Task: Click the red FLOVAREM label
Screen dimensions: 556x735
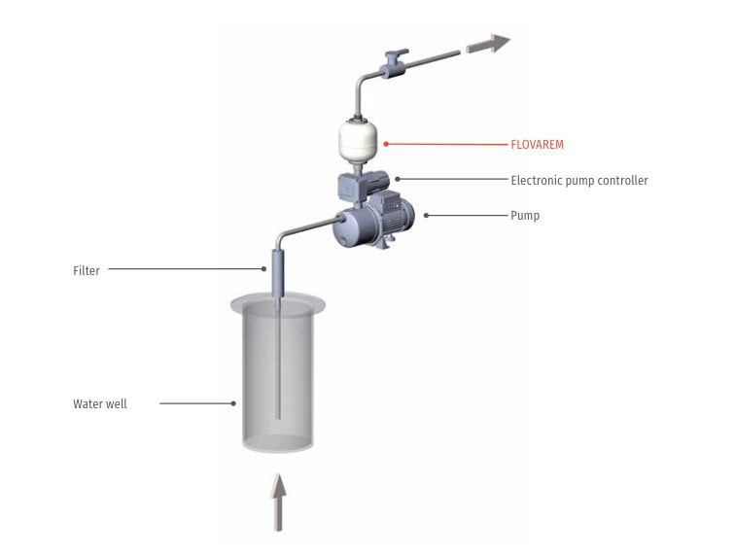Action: coord(537,145)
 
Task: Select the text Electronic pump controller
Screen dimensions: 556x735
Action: coord(578,181)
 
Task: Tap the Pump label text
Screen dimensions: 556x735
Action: coord(525,215)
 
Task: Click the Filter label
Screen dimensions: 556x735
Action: coord(87,271)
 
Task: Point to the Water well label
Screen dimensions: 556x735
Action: coord(100,403)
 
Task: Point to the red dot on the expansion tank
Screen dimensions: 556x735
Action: coord(386,145)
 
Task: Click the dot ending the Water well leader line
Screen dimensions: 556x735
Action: coord(234,403)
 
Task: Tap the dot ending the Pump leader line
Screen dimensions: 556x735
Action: coord(425,215)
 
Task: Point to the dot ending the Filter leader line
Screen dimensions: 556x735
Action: coord(263,270)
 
